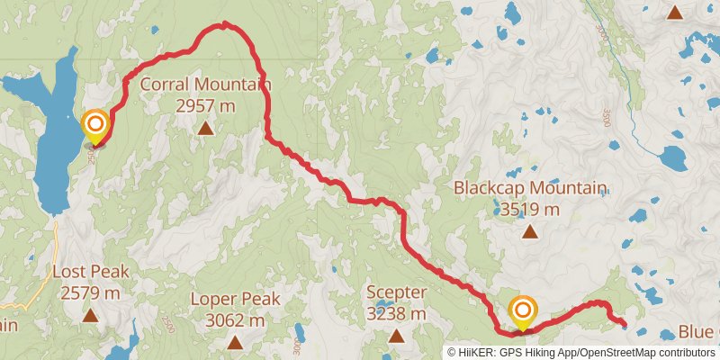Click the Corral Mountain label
coord(206,86)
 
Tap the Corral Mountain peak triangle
coord(206,128)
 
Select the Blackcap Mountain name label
coord(529,189)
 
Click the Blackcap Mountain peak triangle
coord(530,231)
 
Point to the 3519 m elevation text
coord(529,210)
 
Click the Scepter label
coord(396,293)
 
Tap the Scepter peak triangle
coord(396,336)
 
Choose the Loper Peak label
coord(235,300)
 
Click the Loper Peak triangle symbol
coord(235,342)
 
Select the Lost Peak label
coord(90,273)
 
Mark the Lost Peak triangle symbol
coord(90,314)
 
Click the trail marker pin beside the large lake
coord(94,126)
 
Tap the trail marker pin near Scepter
coord(523,312)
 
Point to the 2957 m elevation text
coord(206,105)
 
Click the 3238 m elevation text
coord(396,314)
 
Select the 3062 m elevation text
coord(235,320)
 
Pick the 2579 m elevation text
coord(90,292)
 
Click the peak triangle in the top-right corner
coord(675,12)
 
